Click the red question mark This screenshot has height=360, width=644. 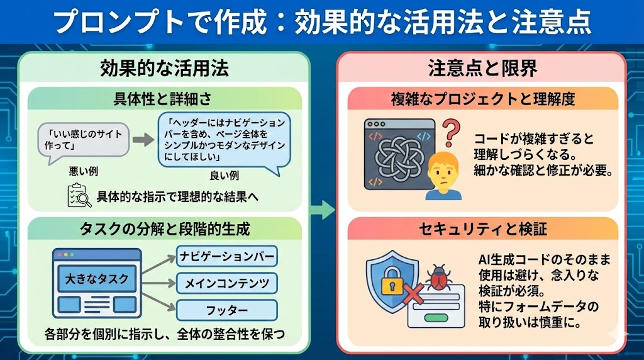click(x=449, y=133)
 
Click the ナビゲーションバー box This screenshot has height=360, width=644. click(x=227, y=256)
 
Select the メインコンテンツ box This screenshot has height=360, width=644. click(x=227, y=283)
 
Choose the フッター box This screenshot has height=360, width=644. click(x=227, y=310)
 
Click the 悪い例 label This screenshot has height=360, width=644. click(x=83, y=171)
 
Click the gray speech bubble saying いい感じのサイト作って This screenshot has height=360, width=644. click(x=84, y=139)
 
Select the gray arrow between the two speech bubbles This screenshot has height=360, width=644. click(x=143, y=140)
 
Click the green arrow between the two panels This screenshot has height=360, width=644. click(x=323, y=210)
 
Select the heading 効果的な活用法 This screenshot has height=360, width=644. click(x=164, y=68)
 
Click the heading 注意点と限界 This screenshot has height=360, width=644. click(x=482, y=68)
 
